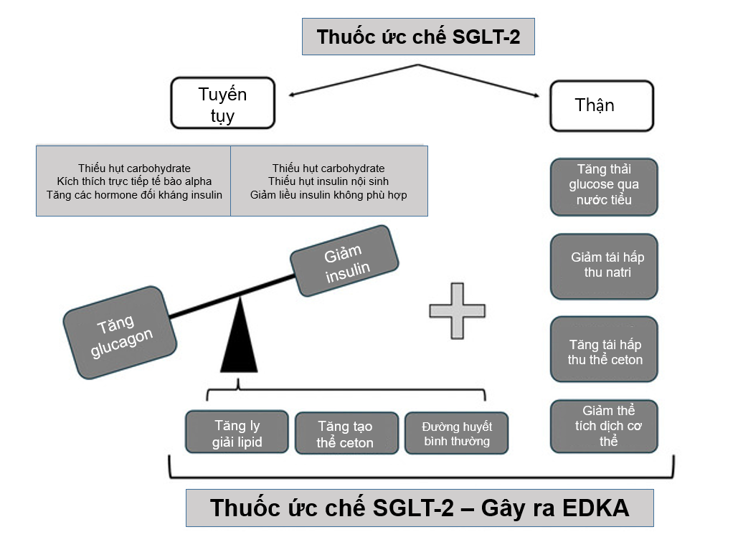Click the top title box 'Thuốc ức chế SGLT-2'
tap(418, 37)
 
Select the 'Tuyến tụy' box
tap(222, 103)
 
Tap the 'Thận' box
tap(601, 105)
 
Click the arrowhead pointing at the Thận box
tap(536, 95)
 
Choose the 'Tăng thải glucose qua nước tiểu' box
tap(604, 186)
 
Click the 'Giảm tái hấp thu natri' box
tap(604, 265)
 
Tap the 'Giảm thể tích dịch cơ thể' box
tap(604, 427)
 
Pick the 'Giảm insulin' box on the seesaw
tap(345, 262)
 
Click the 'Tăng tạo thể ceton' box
tap(346, 433)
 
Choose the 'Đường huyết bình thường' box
tap(457, 433)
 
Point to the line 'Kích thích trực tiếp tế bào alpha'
tap(134, 181)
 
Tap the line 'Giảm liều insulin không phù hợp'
tap(328, 194)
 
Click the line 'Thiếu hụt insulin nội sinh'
tap(328, 181)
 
